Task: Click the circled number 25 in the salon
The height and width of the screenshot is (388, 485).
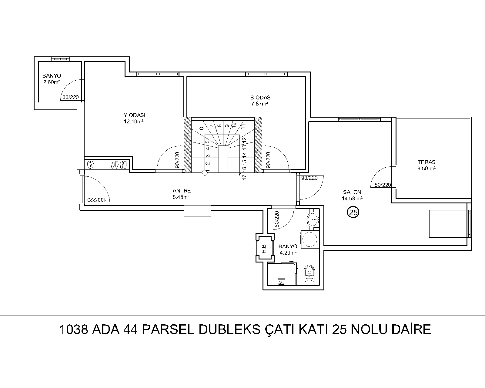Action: pos(353,212)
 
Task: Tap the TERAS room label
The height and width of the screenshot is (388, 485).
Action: pos(426,162)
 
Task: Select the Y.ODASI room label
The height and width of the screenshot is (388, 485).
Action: pos(134,115)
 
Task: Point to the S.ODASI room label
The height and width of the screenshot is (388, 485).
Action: pos(261,98)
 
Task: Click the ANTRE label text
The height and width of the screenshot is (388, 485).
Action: pos(182,191)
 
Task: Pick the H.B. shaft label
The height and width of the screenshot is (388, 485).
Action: pos(264,248)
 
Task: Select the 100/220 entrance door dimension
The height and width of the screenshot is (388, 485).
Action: pos(96,200)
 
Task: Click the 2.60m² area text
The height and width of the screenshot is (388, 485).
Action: pos(52,82)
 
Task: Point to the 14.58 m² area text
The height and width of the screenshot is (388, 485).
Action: pos(352,199)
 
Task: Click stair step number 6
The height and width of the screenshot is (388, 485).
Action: pos(202,128)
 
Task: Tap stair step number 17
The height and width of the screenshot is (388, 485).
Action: pos(244,177)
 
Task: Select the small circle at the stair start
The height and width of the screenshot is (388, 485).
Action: pos(205,173)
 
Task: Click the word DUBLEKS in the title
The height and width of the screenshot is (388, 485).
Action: pos(229,329)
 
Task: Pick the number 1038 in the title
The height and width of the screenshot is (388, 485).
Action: pos(74,329)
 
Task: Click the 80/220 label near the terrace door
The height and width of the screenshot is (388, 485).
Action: pos(383,185)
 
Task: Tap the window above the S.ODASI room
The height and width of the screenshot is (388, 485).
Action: pos(266,74)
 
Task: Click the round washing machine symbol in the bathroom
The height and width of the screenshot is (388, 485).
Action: pos(310,239)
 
